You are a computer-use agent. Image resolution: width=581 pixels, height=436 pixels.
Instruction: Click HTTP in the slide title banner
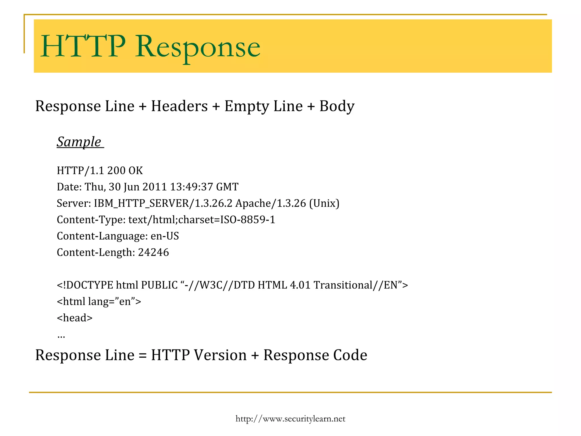(83, 46)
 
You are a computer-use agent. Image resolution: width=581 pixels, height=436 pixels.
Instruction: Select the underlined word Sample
(79, 142)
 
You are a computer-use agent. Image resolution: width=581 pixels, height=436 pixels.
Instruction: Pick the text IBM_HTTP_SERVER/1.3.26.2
(163, 204)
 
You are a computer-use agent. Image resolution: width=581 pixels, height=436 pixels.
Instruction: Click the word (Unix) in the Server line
(324, 204)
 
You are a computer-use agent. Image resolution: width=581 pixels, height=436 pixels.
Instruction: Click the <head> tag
(75, 318)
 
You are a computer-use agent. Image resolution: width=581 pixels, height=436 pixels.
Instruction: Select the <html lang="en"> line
(99, 301)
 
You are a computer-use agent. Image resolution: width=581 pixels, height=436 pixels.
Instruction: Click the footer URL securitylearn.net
(290, 419)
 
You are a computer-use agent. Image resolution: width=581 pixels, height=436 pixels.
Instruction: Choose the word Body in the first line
(337, 106)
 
